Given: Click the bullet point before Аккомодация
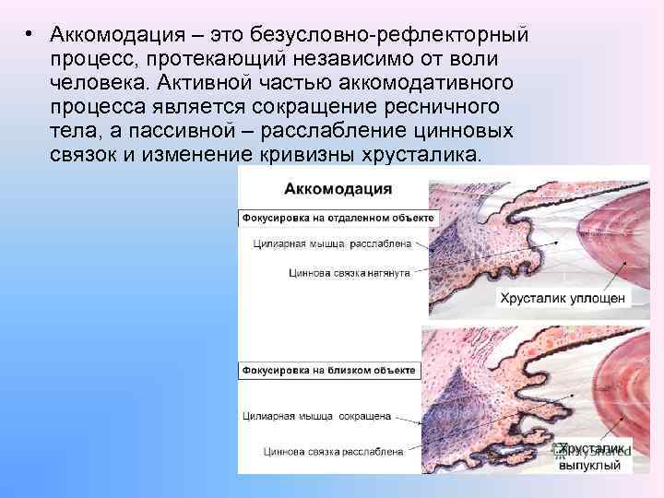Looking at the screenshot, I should pos(30,34).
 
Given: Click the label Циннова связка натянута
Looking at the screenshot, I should pos(349,273).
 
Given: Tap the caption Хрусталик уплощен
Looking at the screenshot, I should pos(563,298).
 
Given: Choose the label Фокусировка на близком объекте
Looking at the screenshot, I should pos(329,370).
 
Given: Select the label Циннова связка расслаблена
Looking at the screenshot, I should pos(333,452).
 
